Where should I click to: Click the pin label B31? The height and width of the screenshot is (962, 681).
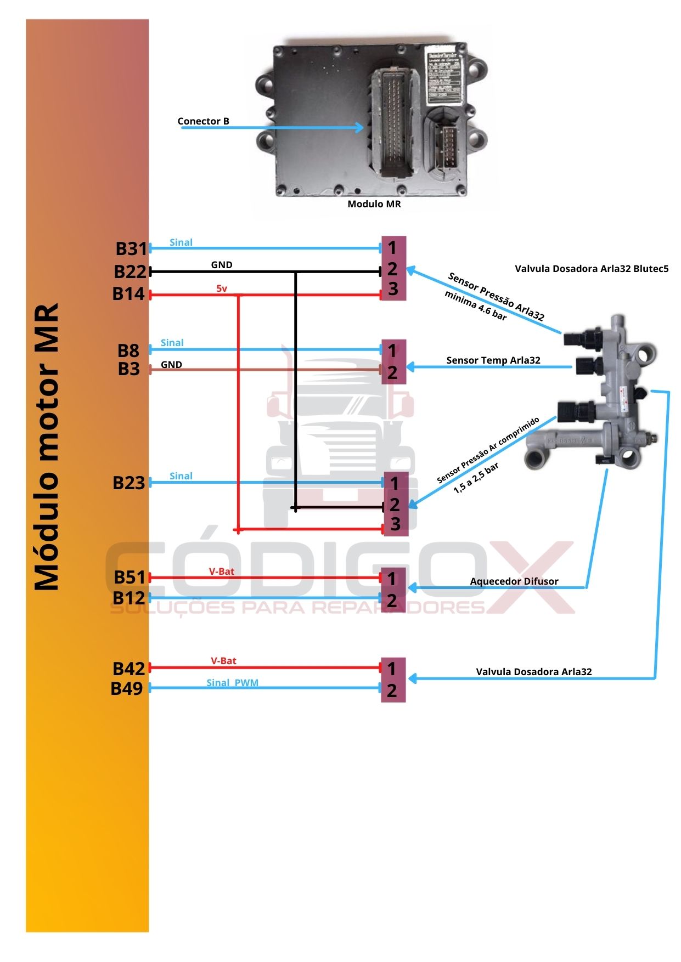pyautogui.click(x=131, y=248)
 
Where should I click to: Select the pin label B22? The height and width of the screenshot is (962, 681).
pyautogui.click(x=130, y=271)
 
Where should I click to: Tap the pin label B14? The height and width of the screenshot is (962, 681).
pyautogui.click(x=128, y=294)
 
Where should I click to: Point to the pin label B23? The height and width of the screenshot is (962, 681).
pyautogui.click(x=128, y=483)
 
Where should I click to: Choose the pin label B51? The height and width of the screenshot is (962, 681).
pyautogui.click(x=130, y=577)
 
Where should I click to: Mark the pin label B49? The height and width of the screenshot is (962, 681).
pyautogui.click(x=127, y=688)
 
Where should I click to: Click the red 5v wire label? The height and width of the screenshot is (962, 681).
pyautogui.click(x=222, y=288)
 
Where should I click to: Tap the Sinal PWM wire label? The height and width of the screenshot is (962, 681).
pyautogui.click(x=232, y=683)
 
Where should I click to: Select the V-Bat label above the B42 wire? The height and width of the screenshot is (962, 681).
pyautogui.click(x=223, y=661)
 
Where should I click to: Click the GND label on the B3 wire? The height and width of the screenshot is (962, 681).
pyautogui.click(x=171, y=365)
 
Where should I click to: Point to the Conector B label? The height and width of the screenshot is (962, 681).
pyautogui.click(x=203, y=121)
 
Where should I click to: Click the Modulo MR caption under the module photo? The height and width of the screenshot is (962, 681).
pyautogui.click(x=374, y=204)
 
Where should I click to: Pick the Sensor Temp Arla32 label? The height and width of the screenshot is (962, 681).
pyautogui.click(x=493, y=360)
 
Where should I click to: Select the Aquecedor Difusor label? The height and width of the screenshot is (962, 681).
pyautogui.click(x=514, y=581)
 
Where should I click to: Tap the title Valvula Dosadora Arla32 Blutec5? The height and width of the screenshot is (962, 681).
pyautogui.click(x=592, y=269)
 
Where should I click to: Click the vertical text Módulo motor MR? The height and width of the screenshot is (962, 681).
pyautogui.click(x=47, y=446)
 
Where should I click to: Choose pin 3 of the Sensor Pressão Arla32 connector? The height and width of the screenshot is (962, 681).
pyautogui.click(x=393, y=289)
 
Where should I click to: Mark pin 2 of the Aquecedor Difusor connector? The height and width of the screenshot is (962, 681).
pyautogui.click(x=392, y=601)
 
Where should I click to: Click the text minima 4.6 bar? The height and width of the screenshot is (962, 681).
pyautogui.click(x=475, y=305)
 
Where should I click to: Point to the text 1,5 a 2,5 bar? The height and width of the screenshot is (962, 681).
pyautogui.click(x=476, y=478)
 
